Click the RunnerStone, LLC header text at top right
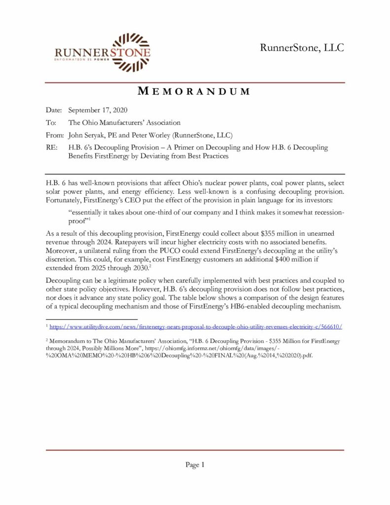pyautogui.click(x=302, y=48)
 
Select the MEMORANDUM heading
pyautogui.click(x=194, y=91)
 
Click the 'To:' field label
pyautogui.click(x=51, y=122)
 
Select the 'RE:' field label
pyautogui.click(x=52, y=147)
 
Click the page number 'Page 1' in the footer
pyautogui.click(x=195, y=465)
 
